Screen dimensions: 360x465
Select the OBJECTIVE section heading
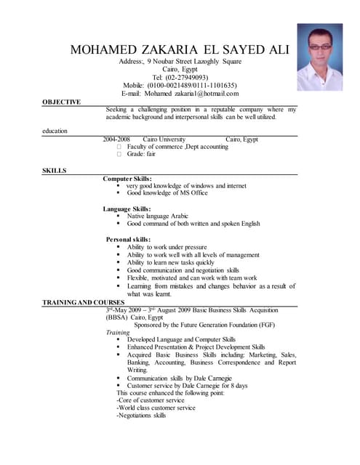click(61, 102)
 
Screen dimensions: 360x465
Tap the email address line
click(180, 93)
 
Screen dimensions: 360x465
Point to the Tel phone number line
click(180, 77)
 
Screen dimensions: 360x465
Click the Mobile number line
click(180, 85)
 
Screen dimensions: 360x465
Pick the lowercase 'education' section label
click(55, 131)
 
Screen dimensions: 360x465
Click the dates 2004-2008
click(116, 139)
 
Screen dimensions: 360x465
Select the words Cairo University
click(164, 139)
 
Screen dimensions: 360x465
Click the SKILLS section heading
click(54, 170)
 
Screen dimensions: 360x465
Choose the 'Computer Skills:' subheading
click(127, 178)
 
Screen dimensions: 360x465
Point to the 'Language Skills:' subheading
click(127, 209)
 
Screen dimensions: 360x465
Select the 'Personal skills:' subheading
click(129, 239)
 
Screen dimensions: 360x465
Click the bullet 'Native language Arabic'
click(158, 216)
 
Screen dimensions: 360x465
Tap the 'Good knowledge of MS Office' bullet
click(167, 193)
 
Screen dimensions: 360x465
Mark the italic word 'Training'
click(118, 332)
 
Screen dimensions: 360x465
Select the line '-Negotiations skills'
click(141, 416)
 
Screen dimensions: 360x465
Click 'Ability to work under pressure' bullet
click(167, 247)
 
